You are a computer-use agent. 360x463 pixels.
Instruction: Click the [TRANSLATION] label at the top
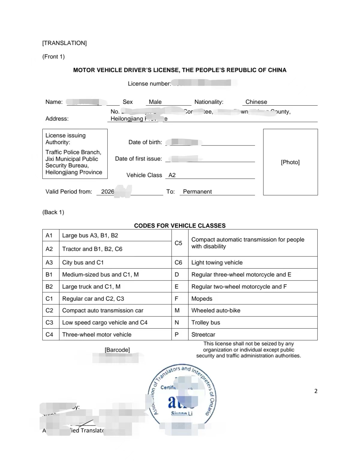(64, 43)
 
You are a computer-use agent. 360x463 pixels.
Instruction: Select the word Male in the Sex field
(155, 102)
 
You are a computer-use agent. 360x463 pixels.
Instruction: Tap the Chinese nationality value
(256, 102)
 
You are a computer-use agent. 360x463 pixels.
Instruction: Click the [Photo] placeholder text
(290, 162)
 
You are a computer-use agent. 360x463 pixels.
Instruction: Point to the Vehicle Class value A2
(172, 175)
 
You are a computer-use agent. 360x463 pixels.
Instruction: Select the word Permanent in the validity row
(197, 191)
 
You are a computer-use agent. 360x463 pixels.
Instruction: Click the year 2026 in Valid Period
(107, 191)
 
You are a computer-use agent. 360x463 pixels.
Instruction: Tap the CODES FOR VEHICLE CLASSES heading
(180, 225)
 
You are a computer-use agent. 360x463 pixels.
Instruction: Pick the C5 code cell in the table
(178, 243)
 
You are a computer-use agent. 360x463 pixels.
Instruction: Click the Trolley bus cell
(206, 322)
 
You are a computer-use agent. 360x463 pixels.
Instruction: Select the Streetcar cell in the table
(203, 334)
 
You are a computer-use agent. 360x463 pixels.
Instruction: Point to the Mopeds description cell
(202, 299)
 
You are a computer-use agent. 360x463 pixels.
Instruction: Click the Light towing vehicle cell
(217, 262)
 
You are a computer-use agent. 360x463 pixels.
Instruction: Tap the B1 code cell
(49, 274)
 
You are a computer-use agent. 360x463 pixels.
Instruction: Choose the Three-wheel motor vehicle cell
(97, 334)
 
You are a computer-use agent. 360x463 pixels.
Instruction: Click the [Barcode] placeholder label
(117, 350)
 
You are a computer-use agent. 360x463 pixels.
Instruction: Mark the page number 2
(316, 391)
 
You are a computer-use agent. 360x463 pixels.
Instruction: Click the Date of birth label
(145, 142)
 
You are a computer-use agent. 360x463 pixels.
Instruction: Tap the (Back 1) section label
(53, 212)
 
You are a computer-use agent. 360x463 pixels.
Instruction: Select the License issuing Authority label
(65, 139)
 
